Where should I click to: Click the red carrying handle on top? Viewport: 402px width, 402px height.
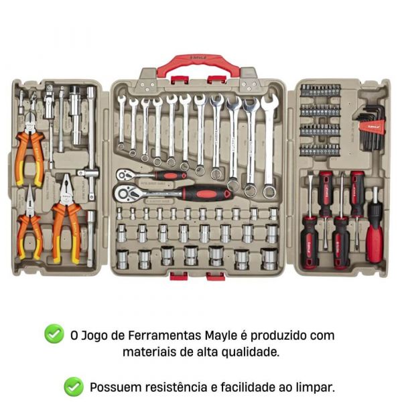click(x=198, y=62)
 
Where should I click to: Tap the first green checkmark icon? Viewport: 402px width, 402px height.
click(x=54, y=334)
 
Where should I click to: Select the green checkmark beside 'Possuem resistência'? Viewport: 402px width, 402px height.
click(x=74, y=386)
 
